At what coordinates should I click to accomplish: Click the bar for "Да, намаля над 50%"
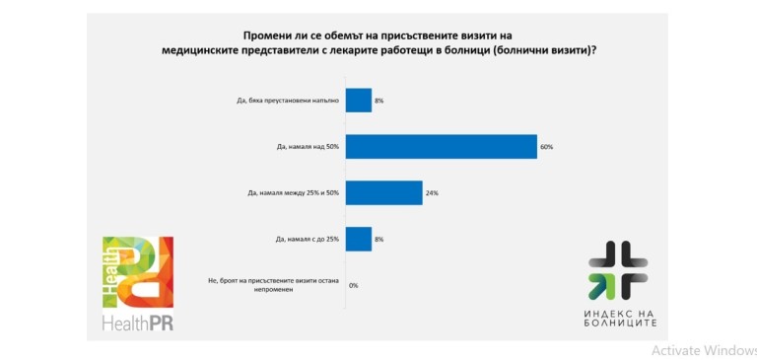pos(442,146)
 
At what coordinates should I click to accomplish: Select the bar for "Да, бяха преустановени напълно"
pos(359,101)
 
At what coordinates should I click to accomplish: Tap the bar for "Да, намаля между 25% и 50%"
pos(383,192)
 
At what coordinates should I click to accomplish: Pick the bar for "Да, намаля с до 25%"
pos(359,240)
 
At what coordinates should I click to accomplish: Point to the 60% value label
pos(546,147)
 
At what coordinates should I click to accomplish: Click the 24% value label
pos(432,193)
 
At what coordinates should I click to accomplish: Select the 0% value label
pos(354,286)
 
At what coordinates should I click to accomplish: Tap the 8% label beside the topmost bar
pos(379,101)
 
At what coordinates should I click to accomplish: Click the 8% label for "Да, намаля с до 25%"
pos(379,240)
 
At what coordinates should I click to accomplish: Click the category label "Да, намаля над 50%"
pos(308,147)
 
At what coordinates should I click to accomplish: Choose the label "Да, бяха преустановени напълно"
pos(284,101)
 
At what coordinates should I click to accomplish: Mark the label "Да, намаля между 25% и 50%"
pos(293,193)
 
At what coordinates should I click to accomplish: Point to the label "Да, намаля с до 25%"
pos(305,240)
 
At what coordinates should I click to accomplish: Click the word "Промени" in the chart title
pos(263,36)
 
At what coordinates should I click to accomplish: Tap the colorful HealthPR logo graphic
pos(138,272)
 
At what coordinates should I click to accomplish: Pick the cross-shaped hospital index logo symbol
pos(618,270)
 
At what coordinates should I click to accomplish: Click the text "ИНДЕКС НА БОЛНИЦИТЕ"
pos(620,318)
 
